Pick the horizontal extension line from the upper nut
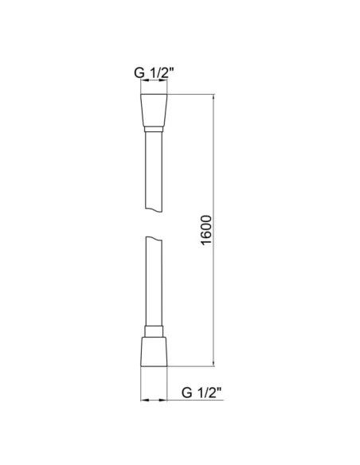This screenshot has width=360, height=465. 191,96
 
